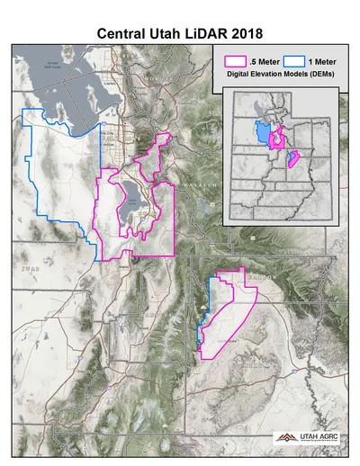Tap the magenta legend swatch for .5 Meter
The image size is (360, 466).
coord(234,62)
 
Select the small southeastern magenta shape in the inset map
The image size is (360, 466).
coord(293,162)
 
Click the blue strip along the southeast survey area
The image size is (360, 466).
coord(200,319)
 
